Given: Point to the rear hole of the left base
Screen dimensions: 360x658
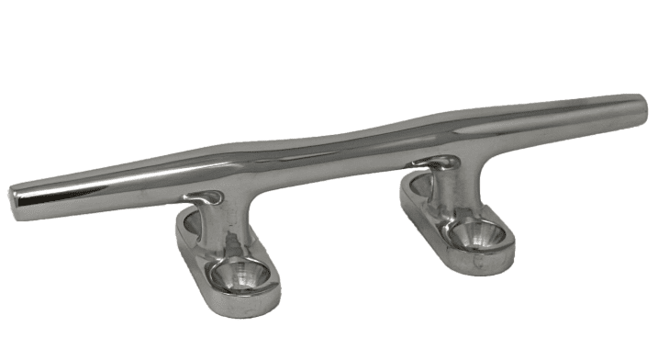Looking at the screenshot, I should click(x=190, y=221).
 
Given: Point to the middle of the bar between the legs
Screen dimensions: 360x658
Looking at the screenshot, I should click(x=330, y=156).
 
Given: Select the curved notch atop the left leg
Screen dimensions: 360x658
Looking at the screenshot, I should click(x=206, y=197).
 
